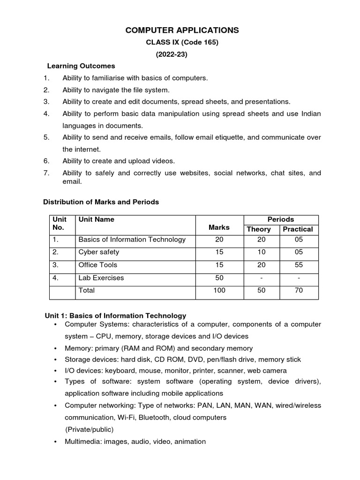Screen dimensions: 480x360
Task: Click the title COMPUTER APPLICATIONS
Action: (x=182, y=30)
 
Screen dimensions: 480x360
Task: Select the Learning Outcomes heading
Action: (x=81, y=66)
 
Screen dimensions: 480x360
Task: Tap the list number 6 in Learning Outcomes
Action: (x=46, y=161)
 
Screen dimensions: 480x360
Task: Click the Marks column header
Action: (x=219, y=227)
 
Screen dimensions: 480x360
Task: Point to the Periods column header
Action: (x=281, y=219)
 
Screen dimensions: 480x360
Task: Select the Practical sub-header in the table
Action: (x=298, y=229)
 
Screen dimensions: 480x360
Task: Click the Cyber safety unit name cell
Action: (x=99, y=252)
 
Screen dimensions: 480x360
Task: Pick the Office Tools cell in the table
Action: (x=98, y=265)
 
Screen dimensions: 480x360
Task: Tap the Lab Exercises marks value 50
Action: (x=219, y=278)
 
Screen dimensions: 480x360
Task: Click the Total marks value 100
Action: (x=219, y=291)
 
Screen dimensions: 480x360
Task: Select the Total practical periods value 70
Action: (x=299, y=291)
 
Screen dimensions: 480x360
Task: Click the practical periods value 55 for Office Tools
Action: (x=299, y=265)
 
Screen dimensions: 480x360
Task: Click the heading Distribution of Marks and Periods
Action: (x=101, y=202)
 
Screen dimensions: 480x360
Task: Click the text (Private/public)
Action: (x=89, y=429)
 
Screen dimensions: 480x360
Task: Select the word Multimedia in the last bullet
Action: (x=82, y=442)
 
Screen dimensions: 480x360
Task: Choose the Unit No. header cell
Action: (x=60, y=224)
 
